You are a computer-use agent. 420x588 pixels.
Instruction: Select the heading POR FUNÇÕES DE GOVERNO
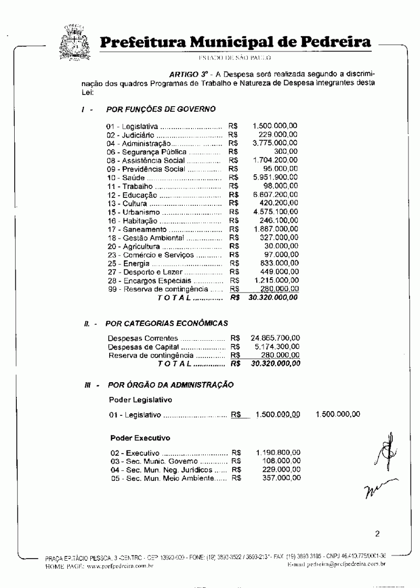(161, 109)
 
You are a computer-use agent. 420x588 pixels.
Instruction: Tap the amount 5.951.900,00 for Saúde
(275, 177)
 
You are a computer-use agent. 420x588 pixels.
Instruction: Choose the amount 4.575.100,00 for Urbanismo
(275, 212)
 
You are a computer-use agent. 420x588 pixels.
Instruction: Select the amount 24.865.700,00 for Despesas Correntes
(276, 338)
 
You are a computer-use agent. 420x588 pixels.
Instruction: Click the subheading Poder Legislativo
(141, 400)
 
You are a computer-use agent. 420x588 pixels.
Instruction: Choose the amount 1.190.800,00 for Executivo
(279, 452)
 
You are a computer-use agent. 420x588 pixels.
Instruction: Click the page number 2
(377, 534)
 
